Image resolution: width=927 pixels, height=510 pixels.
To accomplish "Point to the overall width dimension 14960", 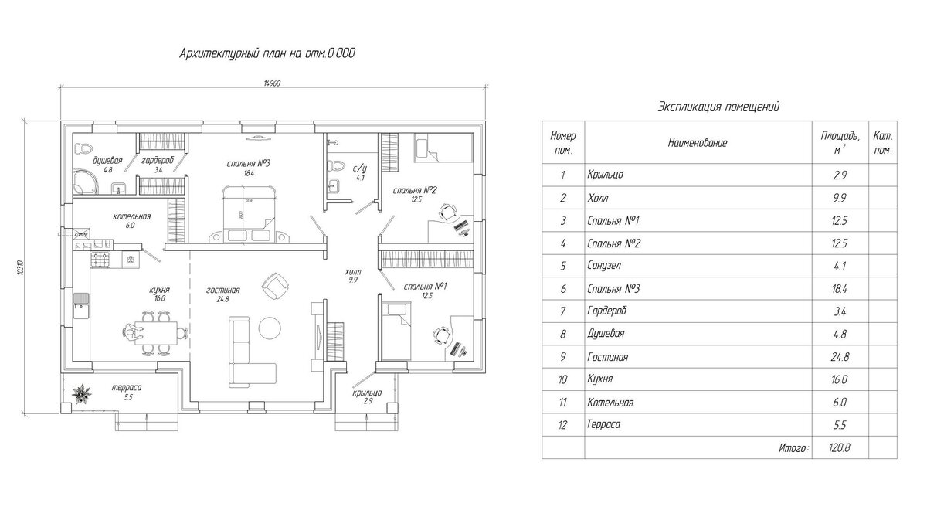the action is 271,83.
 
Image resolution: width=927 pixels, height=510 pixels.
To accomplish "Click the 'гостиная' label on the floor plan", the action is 222,290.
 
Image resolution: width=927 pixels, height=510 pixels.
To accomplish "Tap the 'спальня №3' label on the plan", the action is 247,163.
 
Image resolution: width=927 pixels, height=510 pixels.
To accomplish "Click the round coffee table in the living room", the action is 270,328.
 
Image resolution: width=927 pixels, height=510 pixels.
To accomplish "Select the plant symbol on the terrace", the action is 80,395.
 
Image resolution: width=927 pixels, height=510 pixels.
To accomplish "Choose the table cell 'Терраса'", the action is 604,424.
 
